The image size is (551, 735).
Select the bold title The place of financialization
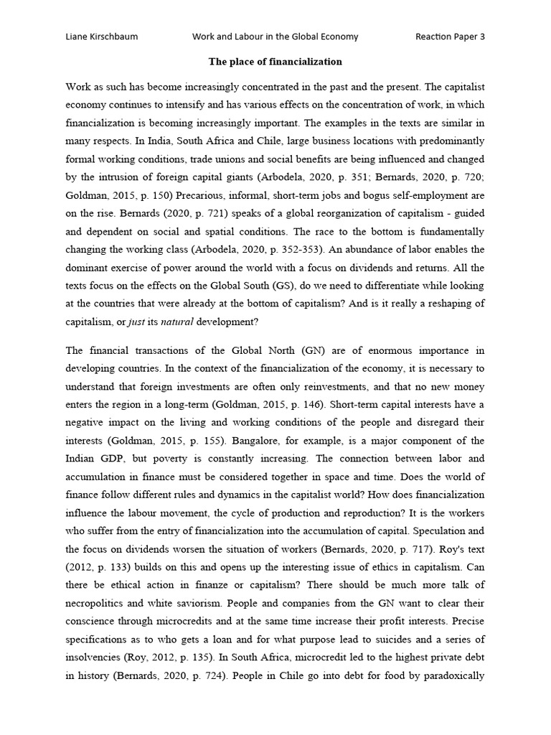275,62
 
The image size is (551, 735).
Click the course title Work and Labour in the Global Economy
275,37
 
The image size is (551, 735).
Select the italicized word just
136,322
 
